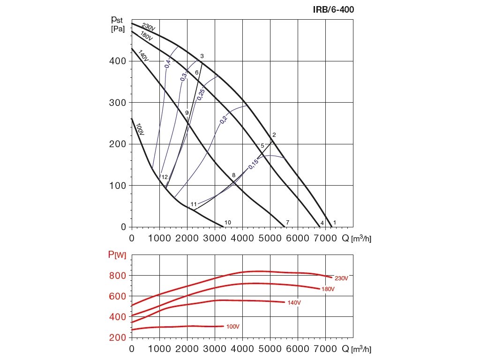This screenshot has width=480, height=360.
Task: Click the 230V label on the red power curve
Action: (x=341, y=278)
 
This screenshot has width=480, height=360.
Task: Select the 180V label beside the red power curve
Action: (x=328, y=289)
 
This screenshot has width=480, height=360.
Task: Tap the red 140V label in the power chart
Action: (x=294, y=303)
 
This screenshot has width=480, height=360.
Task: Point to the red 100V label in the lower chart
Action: (x=233, y=326)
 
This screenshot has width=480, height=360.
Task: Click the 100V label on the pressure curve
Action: (x=139, y=130)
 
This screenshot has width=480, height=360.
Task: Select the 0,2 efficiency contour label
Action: (x=223, y=119)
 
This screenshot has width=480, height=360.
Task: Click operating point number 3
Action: (x=202, y=56)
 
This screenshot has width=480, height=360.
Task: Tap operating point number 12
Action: (x=164, y=177)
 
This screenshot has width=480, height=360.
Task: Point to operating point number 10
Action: (x=228, y=222)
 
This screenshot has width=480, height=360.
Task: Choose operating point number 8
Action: (x=233, y=175)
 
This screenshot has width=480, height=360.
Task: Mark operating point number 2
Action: (x=274, y=135)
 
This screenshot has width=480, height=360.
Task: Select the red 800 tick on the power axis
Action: (x=118, y=276)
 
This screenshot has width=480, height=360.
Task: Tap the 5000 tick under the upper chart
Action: (x=270, y=238)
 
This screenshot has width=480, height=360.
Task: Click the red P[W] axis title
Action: (x=117, y=255)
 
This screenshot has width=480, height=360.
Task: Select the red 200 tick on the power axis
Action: (x=118, y=337)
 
